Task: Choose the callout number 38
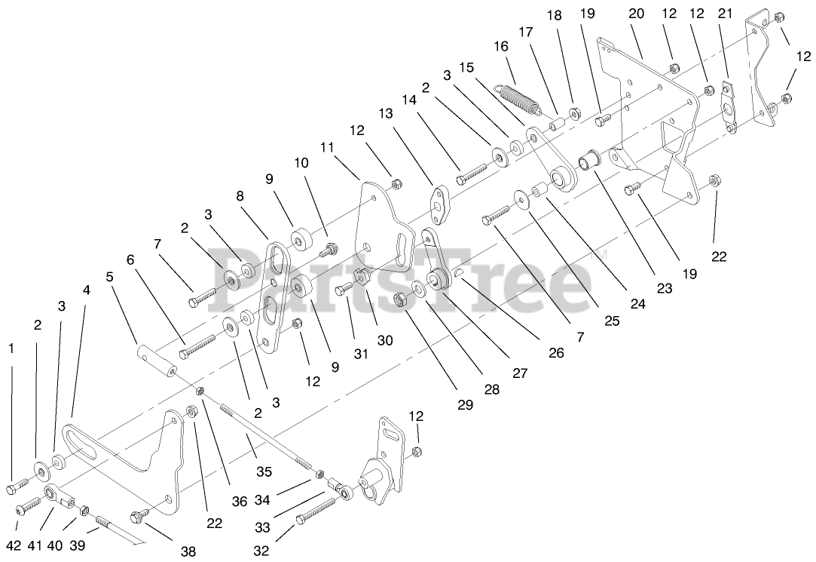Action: tap(188, 552)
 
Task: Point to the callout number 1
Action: tap(11, 349)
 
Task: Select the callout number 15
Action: tap(467, 66)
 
